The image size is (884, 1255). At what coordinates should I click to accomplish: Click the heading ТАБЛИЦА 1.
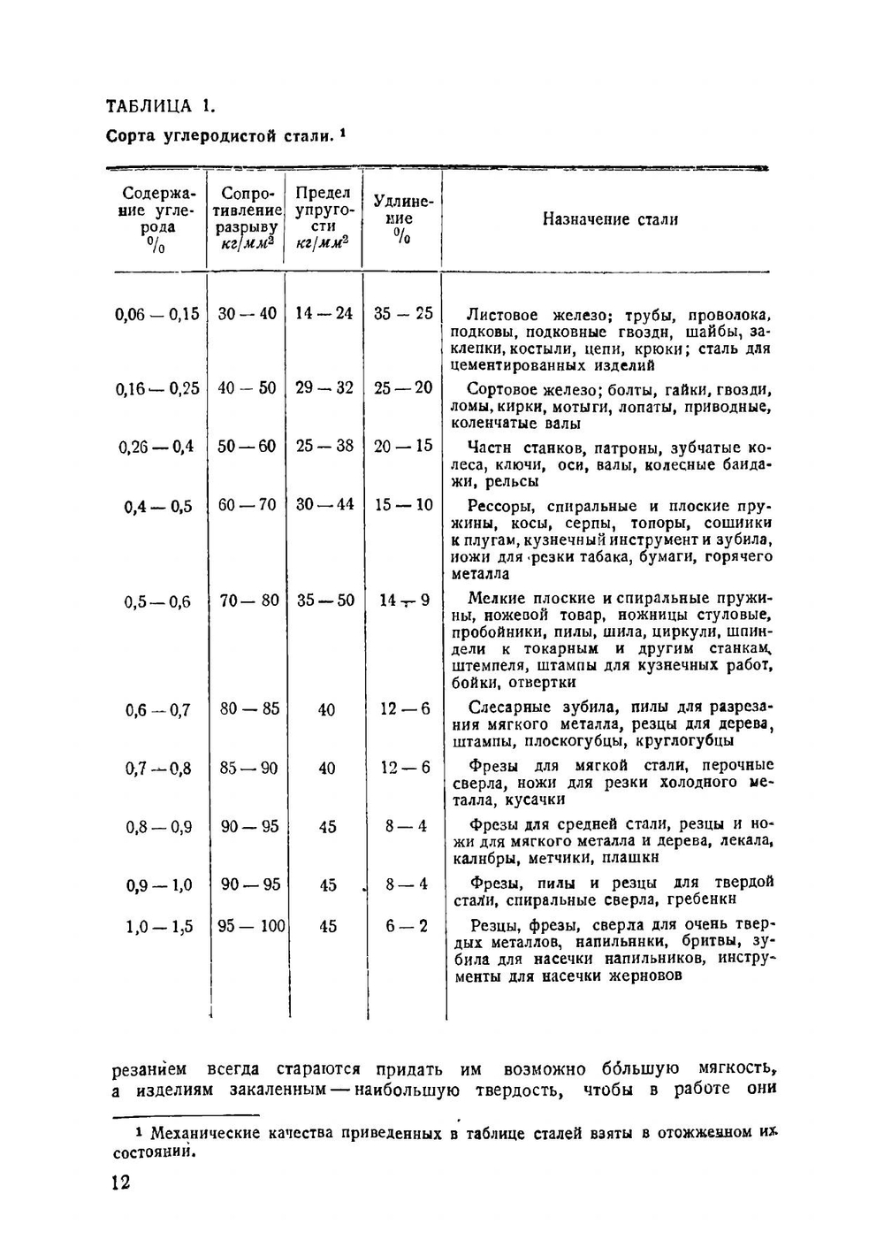coord(159,107)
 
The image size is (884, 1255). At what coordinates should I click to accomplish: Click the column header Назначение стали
coord(610,219)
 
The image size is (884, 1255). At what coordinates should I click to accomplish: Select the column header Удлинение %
coord(403,218)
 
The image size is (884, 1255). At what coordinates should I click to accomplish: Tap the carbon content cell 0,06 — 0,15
coord(157,314)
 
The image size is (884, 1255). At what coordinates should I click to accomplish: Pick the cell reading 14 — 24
coord(324,313)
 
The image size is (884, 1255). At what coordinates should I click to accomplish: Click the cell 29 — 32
coord(324,387)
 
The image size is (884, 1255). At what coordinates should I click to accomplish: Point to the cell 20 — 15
coord(403,446)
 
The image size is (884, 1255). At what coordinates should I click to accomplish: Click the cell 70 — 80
coord(248,601)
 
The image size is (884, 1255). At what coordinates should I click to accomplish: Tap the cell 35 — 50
coord(325,601)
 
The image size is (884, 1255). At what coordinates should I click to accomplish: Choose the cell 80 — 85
coord(249,708)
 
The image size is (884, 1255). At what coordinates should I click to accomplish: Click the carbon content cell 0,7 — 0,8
coord(158,769)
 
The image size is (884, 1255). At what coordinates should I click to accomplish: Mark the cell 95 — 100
coord(251,926)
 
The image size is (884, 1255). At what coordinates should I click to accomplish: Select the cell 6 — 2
coord(406,926)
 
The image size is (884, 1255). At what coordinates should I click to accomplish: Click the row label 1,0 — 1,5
coord(159,927)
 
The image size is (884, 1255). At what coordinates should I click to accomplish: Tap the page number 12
coord(121,1182)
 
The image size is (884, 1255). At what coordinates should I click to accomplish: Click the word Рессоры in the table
coord(500,507)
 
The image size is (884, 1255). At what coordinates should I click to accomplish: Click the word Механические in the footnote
coord(204,1134)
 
